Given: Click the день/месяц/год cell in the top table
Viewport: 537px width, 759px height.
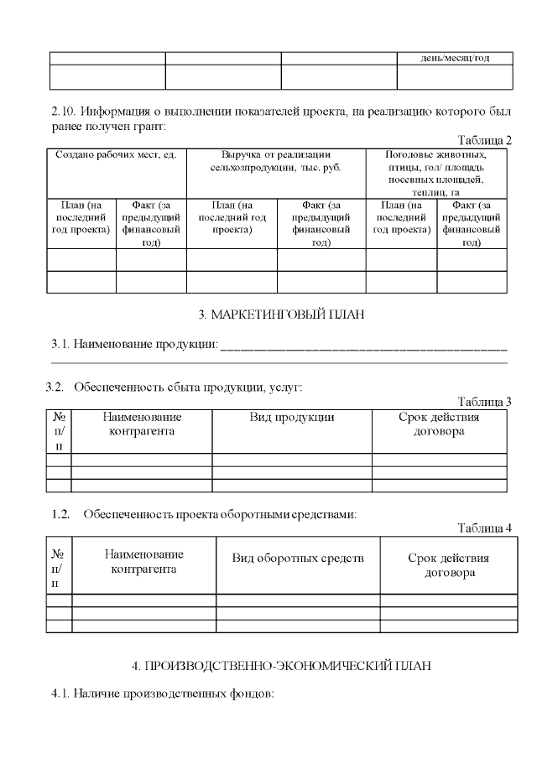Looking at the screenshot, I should (455, 58).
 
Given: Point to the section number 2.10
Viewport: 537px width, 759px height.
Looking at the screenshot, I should (64, 111).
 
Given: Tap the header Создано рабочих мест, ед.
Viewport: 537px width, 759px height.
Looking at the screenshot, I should (116, 155).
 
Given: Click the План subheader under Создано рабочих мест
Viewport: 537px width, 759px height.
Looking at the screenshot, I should (81, 217).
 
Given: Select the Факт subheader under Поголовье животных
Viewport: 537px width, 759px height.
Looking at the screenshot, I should (472, 223).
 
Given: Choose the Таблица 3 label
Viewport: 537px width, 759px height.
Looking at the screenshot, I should (484, 402).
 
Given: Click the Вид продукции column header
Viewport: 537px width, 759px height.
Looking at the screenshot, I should (291, 417).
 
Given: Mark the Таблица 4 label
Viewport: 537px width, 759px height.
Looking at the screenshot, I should (484, 528).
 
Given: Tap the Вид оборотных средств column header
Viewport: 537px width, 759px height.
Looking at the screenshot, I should (298, 559).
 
